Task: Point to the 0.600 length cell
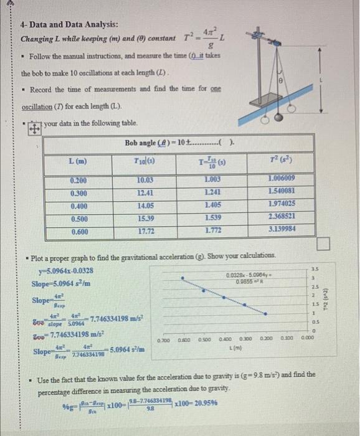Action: [x=78, y=229]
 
